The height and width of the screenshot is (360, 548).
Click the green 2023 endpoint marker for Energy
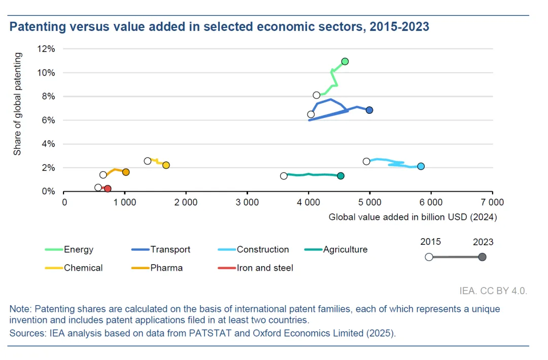pos(345,61)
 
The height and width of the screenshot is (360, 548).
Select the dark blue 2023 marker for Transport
pos(369,110)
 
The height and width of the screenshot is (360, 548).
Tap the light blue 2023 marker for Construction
pos(421,167)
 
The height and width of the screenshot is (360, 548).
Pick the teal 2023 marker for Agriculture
pos(340,176)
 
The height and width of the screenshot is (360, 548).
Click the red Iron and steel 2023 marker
pos(108,189)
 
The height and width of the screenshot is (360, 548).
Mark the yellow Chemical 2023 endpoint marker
pos(166,165)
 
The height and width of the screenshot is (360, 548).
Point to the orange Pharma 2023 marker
pos(126,172)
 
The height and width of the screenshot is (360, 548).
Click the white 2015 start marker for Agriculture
pos(284,176)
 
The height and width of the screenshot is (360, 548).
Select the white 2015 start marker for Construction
pos(366,161)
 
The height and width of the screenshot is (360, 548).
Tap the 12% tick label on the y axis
pos(46,49)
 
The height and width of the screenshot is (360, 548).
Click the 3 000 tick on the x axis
pos(247,202)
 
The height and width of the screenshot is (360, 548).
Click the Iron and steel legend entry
pos(265,268)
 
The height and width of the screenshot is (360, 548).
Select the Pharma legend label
pos(166,268)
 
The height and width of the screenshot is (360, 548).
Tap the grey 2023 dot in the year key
pos(482,257)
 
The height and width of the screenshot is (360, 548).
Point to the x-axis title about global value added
pos(413,217)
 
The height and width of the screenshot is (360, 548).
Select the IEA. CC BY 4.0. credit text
pos(493,291)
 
